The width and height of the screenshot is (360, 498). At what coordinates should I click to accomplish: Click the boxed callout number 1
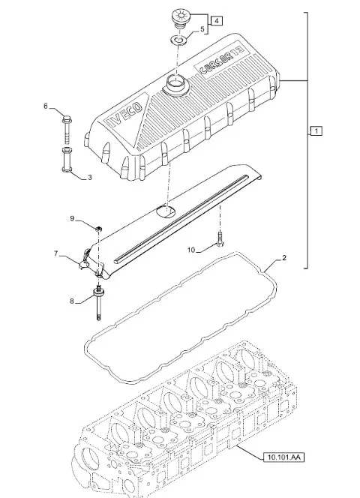(316, 130)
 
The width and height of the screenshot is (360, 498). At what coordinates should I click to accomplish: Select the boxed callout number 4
(217, 21)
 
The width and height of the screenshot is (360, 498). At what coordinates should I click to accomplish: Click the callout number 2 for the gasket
(284, 257)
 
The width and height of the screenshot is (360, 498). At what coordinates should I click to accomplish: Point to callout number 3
(89, 178)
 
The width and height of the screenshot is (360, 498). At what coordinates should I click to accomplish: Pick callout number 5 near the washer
(202, 29)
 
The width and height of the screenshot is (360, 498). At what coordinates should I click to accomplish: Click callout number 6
(46, 106)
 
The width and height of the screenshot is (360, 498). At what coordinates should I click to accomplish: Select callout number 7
(56, 253)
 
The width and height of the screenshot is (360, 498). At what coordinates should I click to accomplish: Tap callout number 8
(72, 301)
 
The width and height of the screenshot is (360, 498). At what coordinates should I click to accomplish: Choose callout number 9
(72, 218)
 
